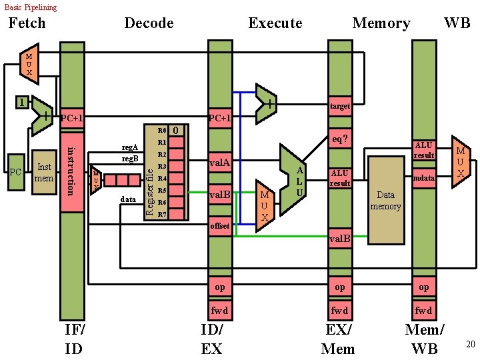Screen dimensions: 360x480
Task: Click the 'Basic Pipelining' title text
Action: pyautogui.click(x=31, y=7)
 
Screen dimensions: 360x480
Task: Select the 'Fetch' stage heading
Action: pyautogui.click(x=27, y=23)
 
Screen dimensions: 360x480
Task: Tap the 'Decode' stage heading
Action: pyautogui.click(x=149, y=23)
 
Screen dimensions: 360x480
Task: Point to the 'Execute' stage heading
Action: pyautogui.click(x=275, y=23)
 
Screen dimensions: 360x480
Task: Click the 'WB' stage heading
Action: pyautogui.click(x=457, y=23)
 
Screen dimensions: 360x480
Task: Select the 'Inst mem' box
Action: pyautogui.click(x=44, y=172)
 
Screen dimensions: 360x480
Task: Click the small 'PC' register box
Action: pyautogui.click(x=15, y=173)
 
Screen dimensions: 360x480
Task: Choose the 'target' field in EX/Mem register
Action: pyautogui.click(x=339, y=106)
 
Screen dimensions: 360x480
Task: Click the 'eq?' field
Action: pyautogui.click(x=339, y=139)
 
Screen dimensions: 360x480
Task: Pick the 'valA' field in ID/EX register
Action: pyautogui.click(x=219, y=162)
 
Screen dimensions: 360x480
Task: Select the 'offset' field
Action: pyautogui.click(x=219, y=226)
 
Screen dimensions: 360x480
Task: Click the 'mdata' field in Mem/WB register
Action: pyautogui.click(x=423, y=178)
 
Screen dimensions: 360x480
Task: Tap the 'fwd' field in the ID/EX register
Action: pyautogui.click(x=219, y=310)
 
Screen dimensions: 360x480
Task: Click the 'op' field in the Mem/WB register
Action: pyautogui.click(x=423, y=287)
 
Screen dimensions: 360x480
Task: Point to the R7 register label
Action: pyautogui.click(x=161, y=215)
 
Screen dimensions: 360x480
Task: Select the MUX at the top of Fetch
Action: pyautogui.click(x=29, y=64)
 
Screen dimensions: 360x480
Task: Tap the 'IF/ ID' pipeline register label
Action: pyautogui.click(x=74, y=339)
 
